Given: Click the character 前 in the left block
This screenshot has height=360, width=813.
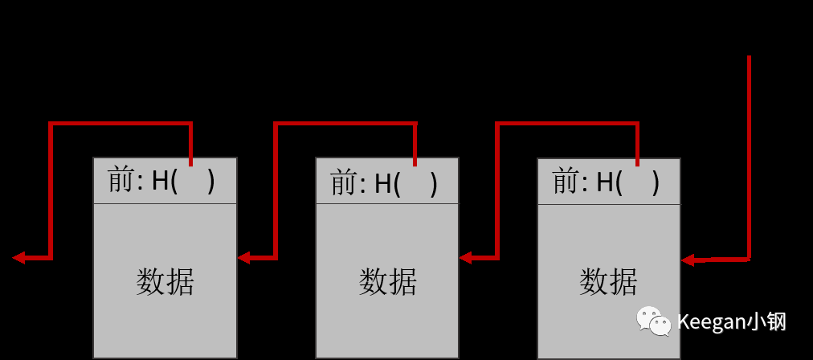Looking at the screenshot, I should coord(121,181).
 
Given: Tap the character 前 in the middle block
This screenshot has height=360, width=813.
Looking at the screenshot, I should coord(343,184).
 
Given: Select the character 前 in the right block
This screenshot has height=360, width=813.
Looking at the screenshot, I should coord(566,182).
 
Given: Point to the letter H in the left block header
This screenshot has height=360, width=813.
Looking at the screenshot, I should coord(161,182).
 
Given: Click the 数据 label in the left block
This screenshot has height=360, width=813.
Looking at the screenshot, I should coord(165,282).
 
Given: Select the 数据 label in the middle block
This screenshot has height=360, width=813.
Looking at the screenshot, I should coord(387,282).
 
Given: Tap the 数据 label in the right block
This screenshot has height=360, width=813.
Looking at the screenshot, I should coord(608,282).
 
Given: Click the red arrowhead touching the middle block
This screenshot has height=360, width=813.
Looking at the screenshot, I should coord(466,258).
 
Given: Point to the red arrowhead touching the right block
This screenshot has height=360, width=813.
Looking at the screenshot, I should coord(688,260).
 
